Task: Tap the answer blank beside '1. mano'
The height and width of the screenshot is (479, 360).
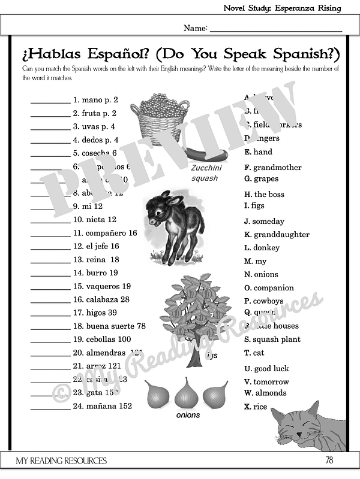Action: pos(50,101)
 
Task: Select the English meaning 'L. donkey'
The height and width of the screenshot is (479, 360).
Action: pos(262,248)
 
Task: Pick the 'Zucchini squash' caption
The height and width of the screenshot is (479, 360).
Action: pos(205,174)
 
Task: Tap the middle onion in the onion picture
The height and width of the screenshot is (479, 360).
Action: pos(187,394)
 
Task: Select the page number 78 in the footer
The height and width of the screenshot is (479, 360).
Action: pos(328,460)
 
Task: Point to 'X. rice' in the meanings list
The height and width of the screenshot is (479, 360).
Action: pos(256,407)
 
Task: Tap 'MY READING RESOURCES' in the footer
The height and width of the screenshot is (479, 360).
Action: pos(62,460)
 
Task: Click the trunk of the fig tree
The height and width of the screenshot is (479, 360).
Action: pos(195,357)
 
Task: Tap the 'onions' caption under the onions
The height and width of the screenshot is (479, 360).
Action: pos(188,415)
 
